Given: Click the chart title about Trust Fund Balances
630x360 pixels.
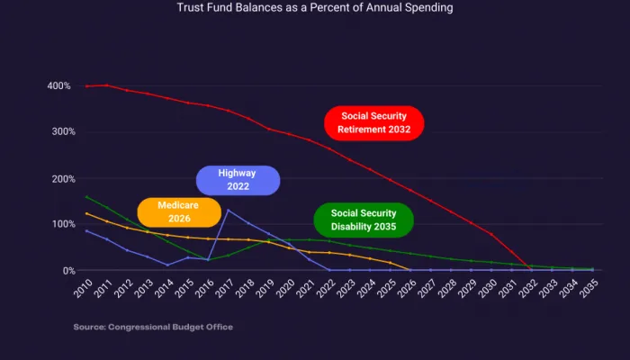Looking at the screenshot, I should coord(315,8).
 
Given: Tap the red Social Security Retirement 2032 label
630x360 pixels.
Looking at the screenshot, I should coord(373,123).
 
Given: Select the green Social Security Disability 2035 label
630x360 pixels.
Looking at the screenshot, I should coord(363,219).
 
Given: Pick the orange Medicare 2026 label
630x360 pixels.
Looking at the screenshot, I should coord(178,211).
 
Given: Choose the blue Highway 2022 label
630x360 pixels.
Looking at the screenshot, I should coord(238,180).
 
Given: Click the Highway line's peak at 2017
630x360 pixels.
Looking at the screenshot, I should coord(228,211).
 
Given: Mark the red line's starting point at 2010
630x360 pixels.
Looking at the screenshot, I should coord(85,86).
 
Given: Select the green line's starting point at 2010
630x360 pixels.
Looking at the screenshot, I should coord(85,196).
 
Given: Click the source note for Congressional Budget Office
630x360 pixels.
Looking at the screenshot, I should coord(153,327).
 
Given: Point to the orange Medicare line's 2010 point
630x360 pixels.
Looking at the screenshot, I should coord(85,213).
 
